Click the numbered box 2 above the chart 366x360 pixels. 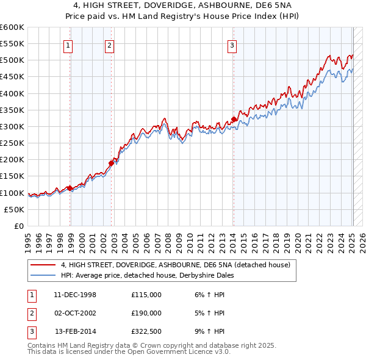(x=109, y=44)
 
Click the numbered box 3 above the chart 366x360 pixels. (x=232, y=44)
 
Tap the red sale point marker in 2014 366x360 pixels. (x=234, y=120)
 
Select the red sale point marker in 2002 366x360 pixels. (x=112, y=163)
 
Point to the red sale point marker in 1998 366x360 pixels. (x=70, y=188)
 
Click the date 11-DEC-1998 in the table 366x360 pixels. (x=75, y=295)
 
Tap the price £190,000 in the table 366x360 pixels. (x=146, y=313)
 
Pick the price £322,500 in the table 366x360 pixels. (x=146, y=331)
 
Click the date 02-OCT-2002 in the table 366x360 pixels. (x=75, y=313)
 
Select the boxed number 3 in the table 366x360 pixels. (x=30, y=331)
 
